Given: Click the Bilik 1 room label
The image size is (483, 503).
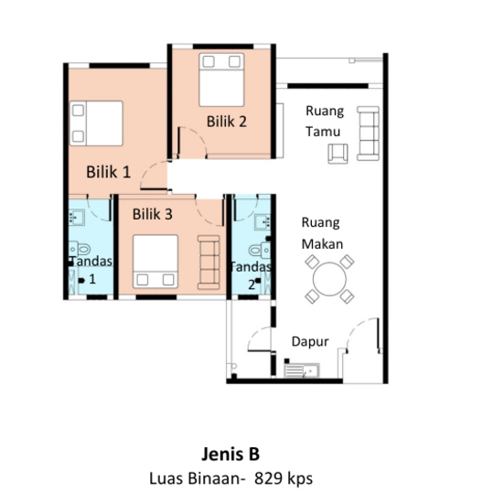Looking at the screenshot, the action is pyautogui.click(x=109, y=172).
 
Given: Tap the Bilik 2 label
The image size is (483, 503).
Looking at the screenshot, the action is pyautogui.click(x=227, y=122).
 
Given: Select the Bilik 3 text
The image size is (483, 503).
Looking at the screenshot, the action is pyautogui.click(x=153, y=214).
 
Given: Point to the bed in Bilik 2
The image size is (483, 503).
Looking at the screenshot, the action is pyautogui.click(x=221, y=80).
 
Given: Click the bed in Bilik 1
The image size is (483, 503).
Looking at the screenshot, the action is pyautogui.click(x=96, y=123).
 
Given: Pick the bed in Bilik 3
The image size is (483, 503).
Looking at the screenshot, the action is pyautogui.click(x=156, y=262).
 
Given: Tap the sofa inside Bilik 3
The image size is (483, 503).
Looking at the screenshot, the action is pyautogui.click(x=209, y=262).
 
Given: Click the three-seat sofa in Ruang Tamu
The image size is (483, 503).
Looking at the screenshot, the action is pyautogui.click(x=368, y=134).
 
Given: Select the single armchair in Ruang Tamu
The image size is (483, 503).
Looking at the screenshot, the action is pyautogui.click(x=338, y=154).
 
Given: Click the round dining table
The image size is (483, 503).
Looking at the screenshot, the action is pyautogui.click(x=329, y=279).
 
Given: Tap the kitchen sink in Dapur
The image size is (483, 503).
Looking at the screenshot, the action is pyautogui.click(x=302, y=370).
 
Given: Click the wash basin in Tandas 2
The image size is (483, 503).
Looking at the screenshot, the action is pyautogui.click(x=263, y=221).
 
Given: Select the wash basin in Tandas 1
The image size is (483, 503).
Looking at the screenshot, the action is pyautogui.click(x=77, y=217).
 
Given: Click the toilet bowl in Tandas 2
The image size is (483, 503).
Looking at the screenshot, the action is pyautogui.click(x=260, y=251).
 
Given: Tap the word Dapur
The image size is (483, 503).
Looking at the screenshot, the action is pyautogui.click(x=310, y=342).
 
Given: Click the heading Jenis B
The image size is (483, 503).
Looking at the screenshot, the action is pyautogui.click(x=231, y=454).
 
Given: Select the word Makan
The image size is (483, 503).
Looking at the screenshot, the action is pyautogui.click(x=322, y=244).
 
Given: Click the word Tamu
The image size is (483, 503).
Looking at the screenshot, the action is pyautogui.click(x=323, y=132).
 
